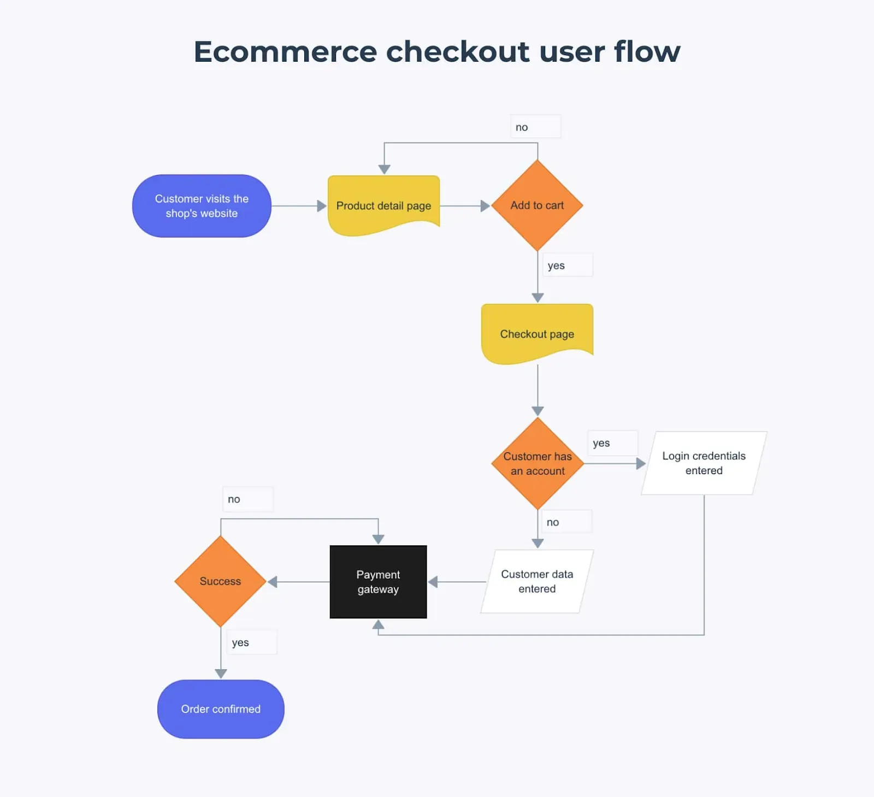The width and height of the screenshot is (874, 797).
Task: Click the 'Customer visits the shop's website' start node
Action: pyautogui.click(x=202, y=206)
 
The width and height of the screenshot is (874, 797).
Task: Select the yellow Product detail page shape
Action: pyautogui.click(x=383, y=205)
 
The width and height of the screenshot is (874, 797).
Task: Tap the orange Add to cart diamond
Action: pyautogui.click(x=537, y=205)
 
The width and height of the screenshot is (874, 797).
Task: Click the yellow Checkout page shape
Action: pyautogui.click(x=537, y=333)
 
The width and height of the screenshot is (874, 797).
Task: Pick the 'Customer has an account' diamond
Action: pyautogui.click(x=538, y=463)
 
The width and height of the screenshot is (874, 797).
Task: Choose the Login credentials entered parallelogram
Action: pyautogui.click(x=704, y=463)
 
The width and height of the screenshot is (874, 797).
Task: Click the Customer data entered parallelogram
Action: pyautogui.click(x=537, y=581)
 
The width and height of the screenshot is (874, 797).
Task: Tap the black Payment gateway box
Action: pyautogui.click(x=378, y=582)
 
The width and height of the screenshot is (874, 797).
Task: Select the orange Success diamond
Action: pyautogui.click(x=220, y=581)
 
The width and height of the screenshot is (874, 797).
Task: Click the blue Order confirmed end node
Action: pyautogui.click(x=221, y=709)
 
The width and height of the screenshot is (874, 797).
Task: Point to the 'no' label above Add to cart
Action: pyautogui.click(x=522, y=127)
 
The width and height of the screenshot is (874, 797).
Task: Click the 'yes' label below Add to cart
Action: pyautogui.click(x=556, y=265)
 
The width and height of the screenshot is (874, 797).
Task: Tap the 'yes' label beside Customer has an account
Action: pyautogui.click(x=601, y=443)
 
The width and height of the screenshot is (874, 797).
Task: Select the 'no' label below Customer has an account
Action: pyautogui.click(x=553, y=522)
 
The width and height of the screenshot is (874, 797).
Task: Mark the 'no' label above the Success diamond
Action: pyautogui.click(x=234, y=499)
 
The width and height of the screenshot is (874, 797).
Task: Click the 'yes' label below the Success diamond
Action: pyautogui.click(x=240, y=642)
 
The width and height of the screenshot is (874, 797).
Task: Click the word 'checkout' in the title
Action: pyautogui.click(x=458, y=52)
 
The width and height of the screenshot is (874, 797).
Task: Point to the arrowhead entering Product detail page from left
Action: pyautogui.click(x=322, y=206)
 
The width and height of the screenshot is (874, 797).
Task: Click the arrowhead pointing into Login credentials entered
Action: pyautogui.click(x=641, y=464)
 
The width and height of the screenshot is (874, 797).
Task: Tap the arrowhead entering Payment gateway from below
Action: pyautogui.click(x=378, y=624)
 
